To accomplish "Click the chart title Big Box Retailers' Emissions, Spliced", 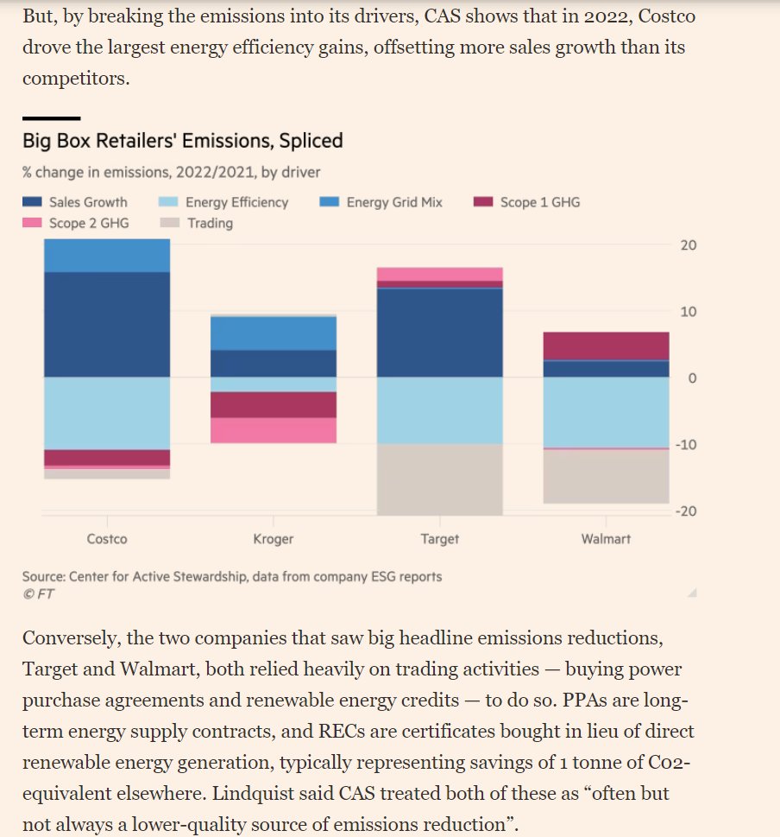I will pos(182,141).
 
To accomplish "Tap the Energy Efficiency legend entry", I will pos(223,202).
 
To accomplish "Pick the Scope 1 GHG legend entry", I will pos(527,202).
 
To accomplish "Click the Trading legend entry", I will pos(198,223).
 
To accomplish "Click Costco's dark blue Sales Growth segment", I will pos(107,325).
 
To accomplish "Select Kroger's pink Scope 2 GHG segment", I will pos(274,430).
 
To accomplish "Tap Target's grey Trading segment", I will pos(440,479).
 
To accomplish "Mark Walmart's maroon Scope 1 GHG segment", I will pos(607,346).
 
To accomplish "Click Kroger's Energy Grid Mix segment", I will pos(274,333).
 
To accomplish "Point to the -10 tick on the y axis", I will pos(684,445).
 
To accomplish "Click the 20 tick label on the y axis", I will pos(687,245).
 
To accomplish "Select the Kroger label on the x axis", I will pos(274,539).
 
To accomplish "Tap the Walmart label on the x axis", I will pos(607,539).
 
